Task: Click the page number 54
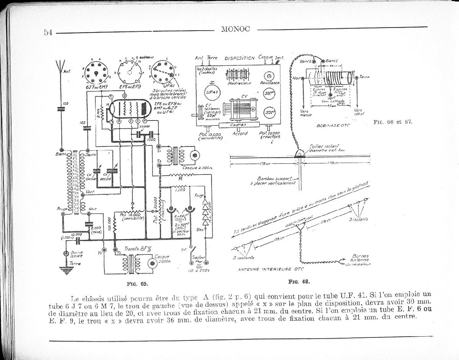click(x=48, y=32)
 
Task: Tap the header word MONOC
click(x=235, y=29)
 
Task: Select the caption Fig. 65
click(x=137, y=284)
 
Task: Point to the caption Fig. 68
click(x=299, y=282)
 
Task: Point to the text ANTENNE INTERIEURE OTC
click(x=271, y=269)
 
